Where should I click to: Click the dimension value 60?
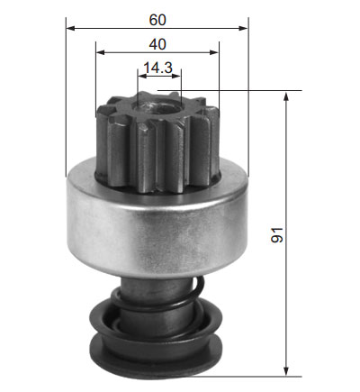tap(157, 20)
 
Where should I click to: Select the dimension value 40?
tap(157, 44)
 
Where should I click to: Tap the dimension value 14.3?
tap(158, 68)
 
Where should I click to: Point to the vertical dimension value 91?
tap(277, 235)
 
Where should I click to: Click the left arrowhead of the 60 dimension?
tap(70, 28)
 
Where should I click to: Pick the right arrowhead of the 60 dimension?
tap(243, 28)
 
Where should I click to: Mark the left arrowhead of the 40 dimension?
tap(101, 52)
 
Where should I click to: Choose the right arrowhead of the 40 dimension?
tap(214, 52)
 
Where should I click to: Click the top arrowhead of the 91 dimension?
tap(286, 97)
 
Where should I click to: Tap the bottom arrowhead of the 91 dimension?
tap(286, 371)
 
